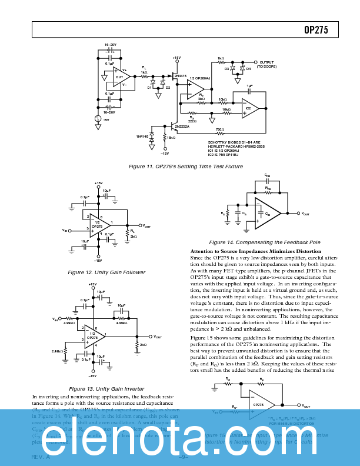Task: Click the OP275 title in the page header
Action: (x=316, y=29)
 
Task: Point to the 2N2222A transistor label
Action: (x=181, y=125)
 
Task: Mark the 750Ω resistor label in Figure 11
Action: (x=219, y=129)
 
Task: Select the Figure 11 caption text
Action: (x=186, y=167)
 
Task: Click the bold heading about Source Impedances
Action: (x=256, y=251)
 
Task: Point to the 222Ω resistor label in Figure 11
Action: (x=192, y=121)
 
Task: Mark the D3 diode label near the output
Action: (x=227, y=69)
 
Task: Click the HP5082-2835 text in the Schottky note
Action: (x=246, y=146)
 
